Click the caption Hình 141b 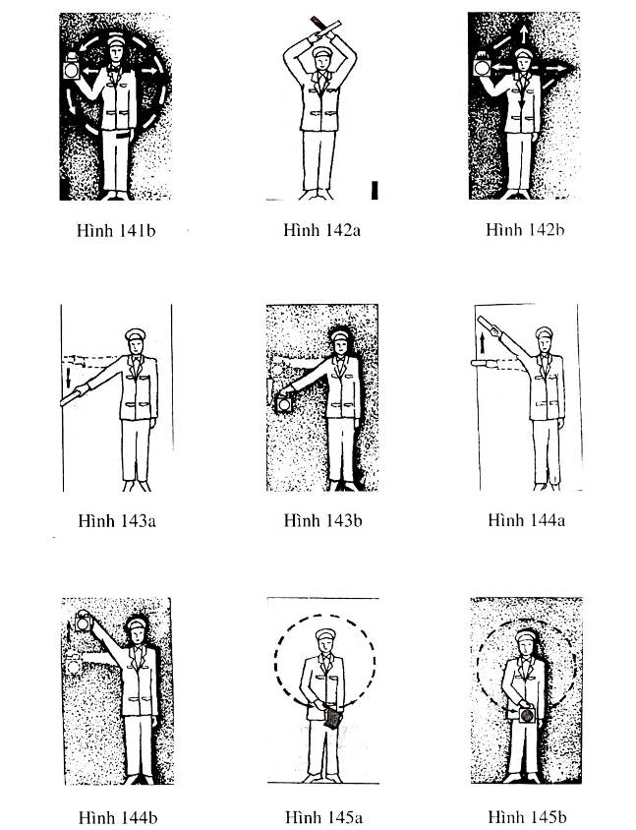point(116,231)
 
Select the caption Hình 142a point(321,230)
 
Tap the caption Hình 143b point(322,521)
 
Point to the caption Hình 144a point(527,520)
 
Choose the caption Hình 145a point(323,817)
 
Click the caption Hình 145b point(527,817)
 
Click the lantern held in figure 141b point(72,67)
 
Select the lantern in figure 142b point(482,65)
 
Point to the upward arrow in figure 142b point(523,33)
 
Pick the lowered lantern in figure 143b point(284,404)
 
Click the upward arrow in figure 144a point(483,342)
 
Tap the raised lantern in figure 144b point(84,622)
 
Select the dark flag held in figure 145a point(332,718)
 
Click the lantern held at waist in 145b point(527,715)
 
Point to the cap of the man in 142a point(322,51)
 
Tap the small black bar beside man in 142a point(375,191)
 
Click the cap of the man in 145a point(326,634)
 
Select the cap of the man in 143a point(135,334)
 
